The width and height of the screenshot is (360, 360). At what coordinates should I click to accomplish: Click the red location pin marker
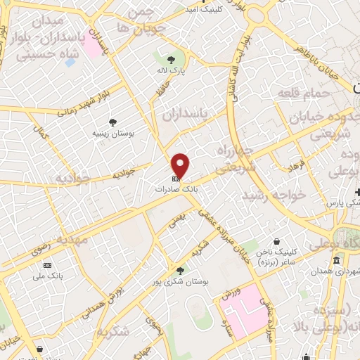click(181, 166)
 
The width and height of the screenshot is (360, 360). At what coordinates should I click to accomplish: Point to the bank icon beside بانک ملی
click(48, 265)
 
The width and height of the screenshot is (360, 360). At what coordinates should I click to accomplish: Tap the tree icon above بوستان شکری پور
click(181, 270)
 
